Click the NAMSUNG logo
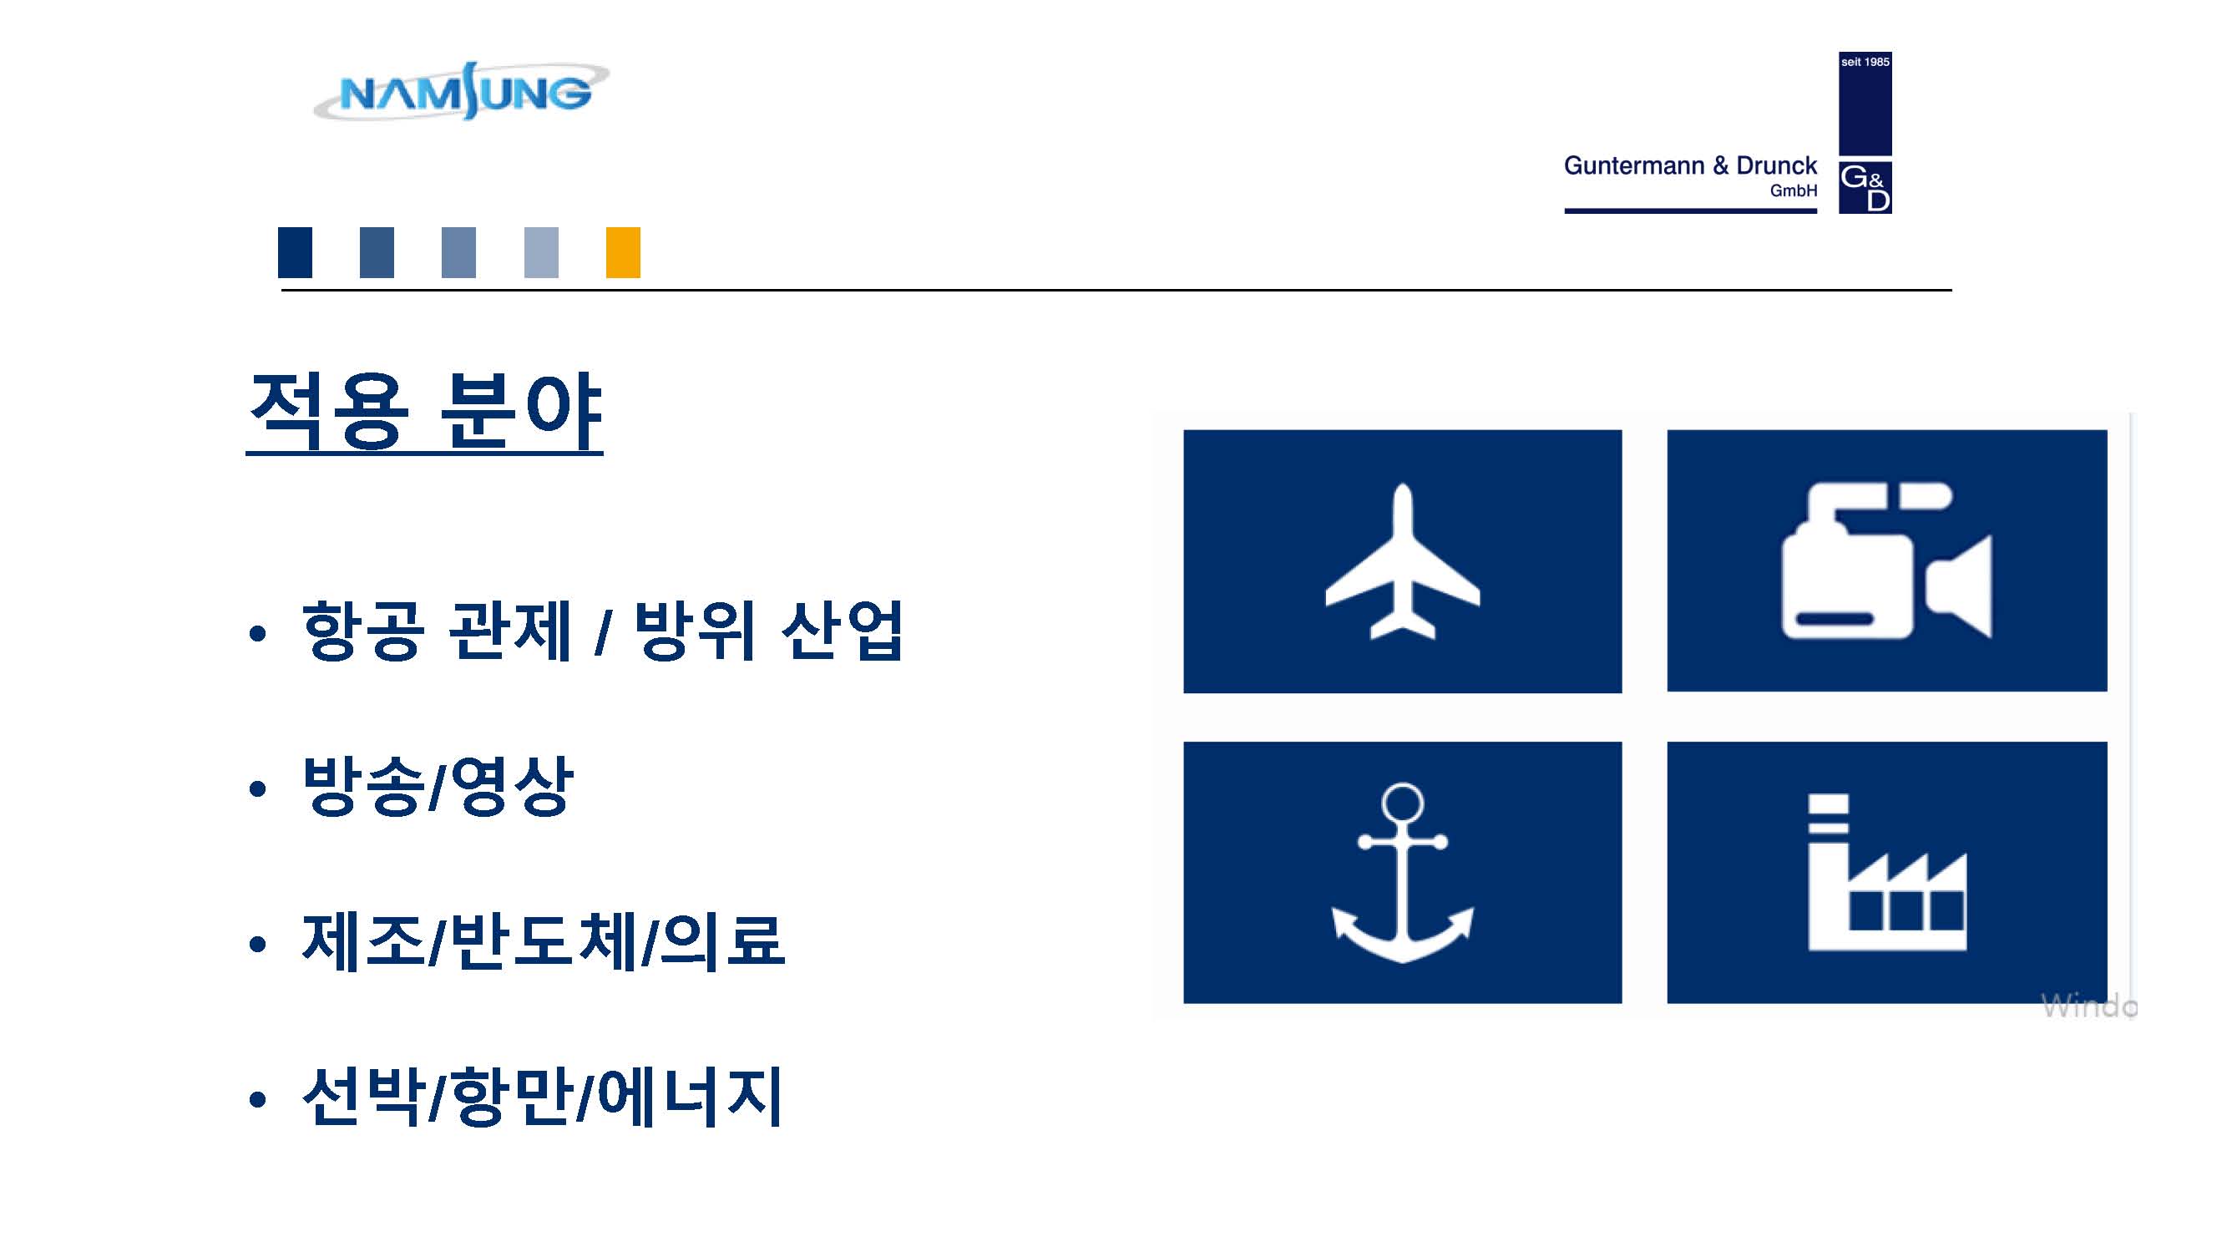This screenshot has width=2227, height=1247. pyautogui.click(x=462, y=91)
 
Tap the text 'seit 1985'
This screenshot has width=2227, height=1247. pyautogui.click(x=1865, y=63)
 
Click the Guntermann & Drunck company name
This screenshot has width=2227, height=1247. pyautogui.click(x=1690, y=165)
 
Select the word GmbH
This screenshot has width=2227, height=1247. pyautogui.click(x=1793, y=190)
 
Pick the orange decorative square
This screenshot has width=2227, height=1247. pyautogui.click(x=623, y=252)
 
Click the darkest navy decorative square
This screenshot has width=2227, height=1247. pyautogui.click(x=295, y=252)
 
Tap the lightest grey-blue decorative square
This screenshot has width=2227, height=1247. pyautogui.click(x=541, y=252)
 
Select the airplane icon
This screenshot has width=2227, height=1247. pyautogui.click(x=1402, y=561)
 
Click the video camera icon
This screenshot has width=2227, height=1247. pyautogui.click(x=1886, y=560)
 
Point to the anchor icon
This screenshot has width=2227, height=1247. pyautogui.click(x=1402, y=873)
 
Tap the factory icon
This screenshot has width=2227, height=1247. pyautogui.click(x=1887, y=873)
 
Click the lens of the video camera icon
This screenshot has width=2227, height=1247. pyautogui.click(x=1959, y=585)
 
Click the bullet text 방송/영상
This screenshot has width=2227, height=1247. pyautogui.click(x=438, y=785)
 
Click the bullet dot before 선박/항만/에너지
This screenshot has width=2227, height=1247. pyautogui.click(x=256, y=1100)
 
